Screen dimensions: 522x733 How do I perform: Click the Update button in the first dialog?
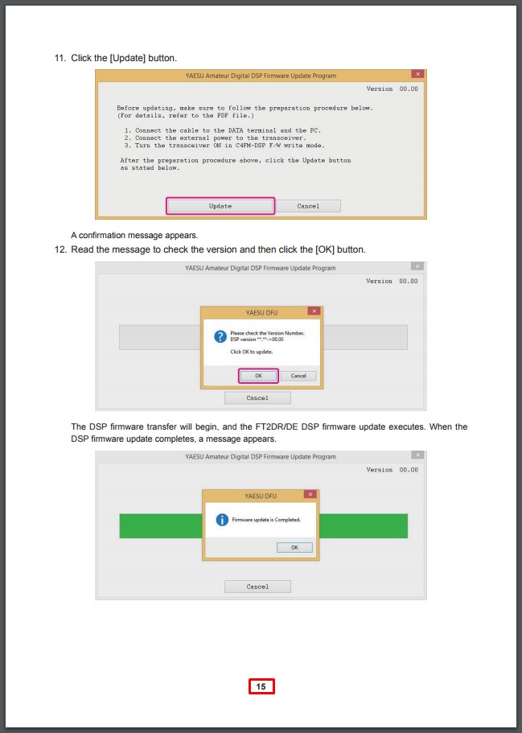coord(220,206)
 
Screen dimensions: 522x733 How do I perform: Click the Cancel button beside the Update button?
coord(308,206)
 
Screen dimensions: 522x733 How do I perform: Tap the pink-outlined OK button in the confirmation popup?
coord(258,376)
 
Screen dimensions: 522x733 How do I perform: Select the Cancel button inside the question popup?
coord(298,376)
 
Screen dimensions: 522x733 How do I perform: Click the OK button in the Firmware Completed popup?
coord(294,547)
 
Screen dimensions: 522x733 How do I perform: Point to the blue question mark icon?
coord(220,336)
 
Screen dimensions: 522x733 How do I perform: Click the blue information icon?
coord(222,520)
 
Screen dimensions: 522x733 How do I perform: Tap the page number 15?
coord(261,686)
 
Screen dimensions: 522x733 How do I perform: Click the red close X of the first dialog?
coord(417,74)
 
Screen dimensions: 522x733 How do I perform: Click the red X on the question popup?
coord(314,311)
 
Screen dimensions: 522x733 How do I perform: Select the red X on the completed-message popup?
coord(310,494)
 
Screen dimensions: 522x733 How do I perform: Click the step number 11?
coord(60,58)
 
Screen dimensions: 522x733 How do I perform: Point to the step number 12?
coord(60,249)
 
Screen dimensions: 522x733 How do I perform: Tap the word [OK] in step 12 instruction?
coord(325,249)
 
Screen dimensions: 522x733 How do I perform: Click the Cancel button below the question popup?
coord(257,397)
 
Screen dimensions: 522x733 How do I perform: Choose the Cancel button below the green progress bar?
coord(257,587)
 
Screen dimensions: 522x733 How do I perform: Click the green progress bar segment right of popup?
coord(364,526)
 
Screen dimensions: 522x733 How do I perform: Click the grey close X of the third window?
coord(417,455)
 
